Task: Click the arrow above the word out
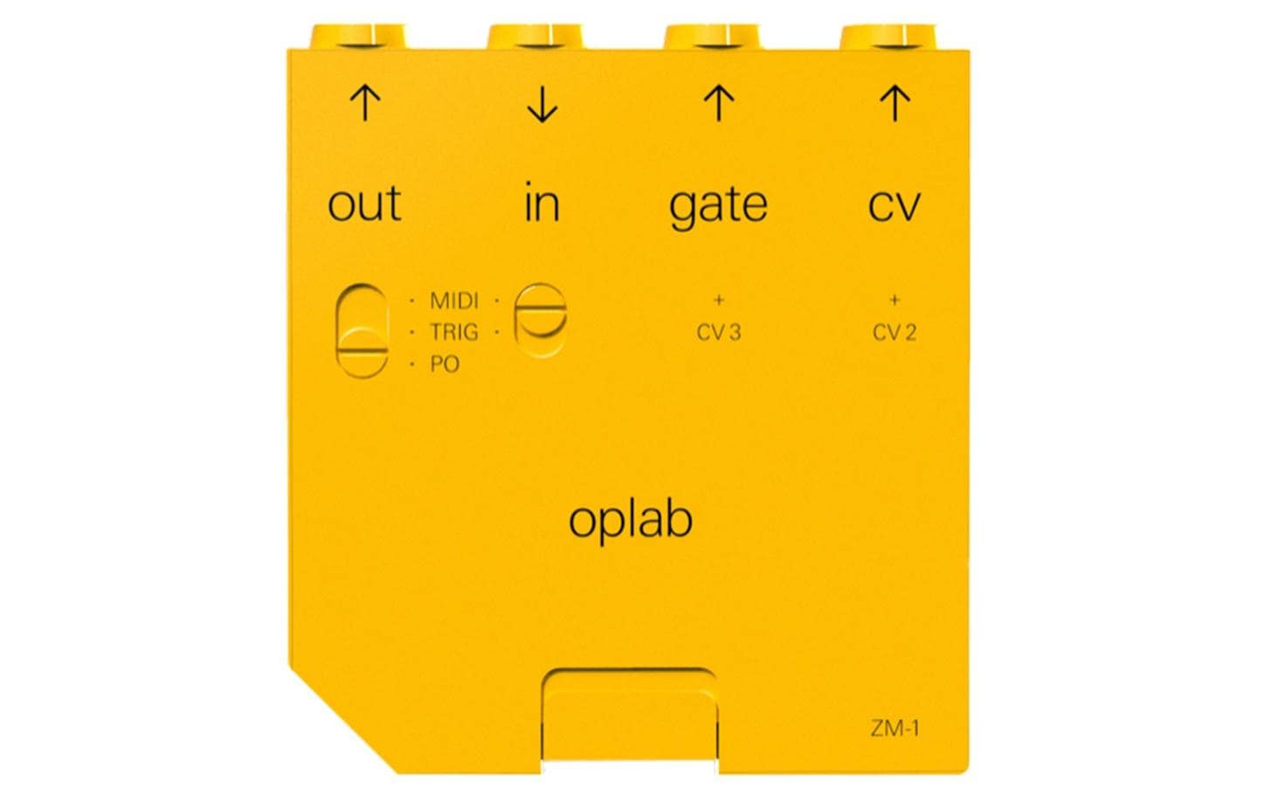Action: tap(365, 103)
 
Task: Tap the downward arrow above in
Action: tap(542, 104)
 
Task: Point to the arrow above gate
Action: tap(718, 103)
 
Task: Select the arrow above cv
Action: tap(894, 103)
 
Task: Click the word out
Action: tap(364, 204)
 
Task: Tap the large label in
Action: tap(542, 201)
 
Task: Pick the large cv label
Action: tap(894, 206)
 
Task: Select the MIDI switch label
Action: tap(454, 301)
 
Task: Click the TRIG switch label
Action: tap(454, 332)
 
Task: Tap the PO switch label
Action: tap(446, 364)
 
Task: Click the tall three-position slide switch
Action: tap(363, 331)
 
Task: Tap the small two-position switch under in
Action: tap(541, 321)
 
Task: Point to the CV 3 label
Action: tap(718, 333)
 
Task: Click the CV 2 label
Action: tap(894, 333)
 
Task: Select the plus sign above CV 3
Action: tap(718, 300)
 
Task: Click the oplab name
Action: tap(631, 522)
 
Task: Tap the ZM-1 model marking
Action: tap(895, 728)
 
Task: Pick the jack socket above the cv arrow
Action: tap(888, 37)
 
